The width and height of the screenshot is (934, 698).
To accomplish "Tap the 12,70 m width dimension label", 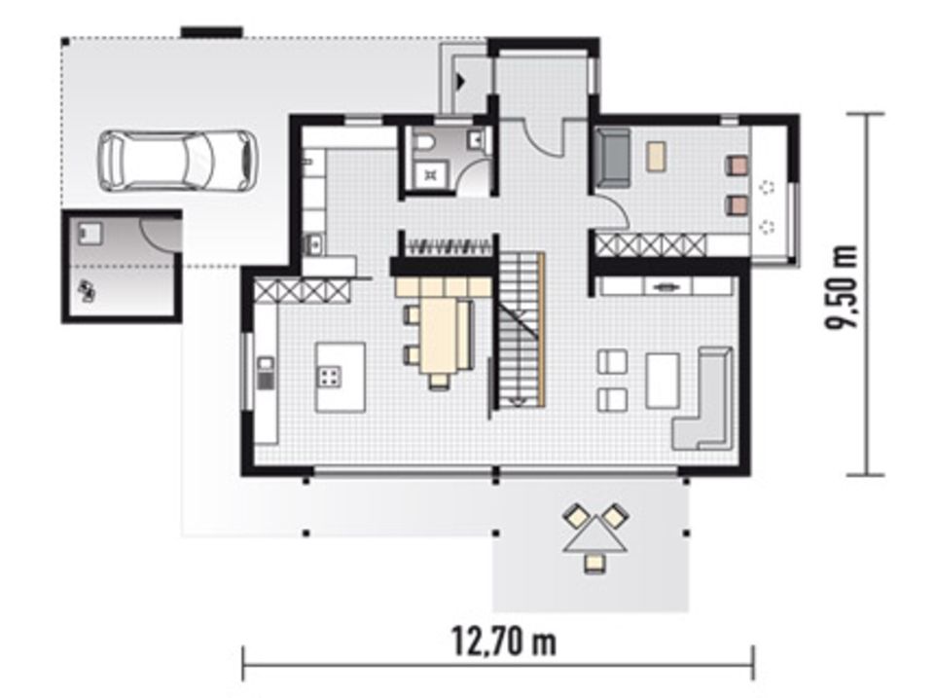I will [503, 642].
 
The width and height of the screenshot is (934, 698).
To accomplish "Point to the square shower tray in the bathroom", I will [429, 176].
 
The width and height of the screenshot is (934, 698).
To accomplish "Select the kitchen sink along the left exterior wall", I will [266, 373].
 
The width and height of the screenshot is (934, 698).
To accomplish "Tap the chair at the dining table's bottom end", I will [439, 380].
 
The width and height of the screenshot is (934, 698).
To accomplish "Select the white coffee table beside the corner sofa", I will [662, 380].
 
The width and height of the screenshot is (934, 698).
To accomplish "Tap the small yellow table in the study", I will [658, 156].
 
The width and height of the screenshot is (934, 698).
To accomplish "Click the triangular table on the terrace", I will [594, 534].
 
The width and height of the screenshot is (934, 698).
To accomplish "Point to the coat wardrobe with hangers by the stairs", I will [445, 245].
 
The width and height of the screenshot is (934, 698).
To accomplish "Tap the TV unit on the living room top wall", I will [666, 286].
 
